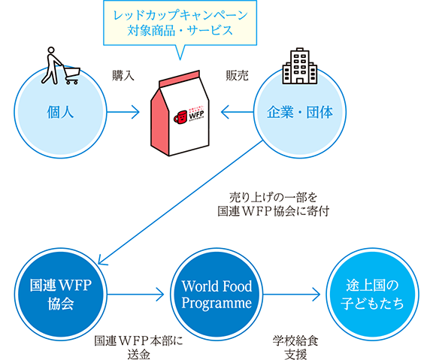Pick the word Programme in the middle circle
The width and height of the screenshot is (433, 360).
tap(216, 303)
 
